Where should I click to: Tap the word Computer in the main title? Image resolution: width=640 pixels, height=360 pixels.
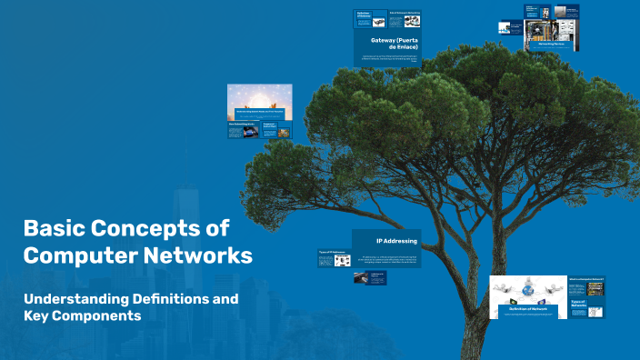[79, 255]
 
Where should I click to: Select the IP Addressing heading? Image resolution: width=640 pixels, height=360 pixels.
[396, 241]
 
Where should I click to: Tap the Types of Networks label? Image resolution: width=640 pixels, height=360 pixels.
[579, 304]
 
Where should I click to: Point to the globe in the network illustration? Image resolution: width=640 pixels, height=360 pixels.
[527, 290]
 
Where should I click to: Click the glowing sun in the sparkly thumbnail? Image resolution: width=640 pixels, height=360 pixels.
[260, 97]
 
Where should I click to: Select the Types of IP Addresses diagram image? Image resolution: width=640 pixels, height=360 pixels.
[343, 260]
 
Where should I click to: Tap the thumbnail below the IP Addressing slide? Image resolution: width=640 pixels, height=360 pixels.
[371, 277]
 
